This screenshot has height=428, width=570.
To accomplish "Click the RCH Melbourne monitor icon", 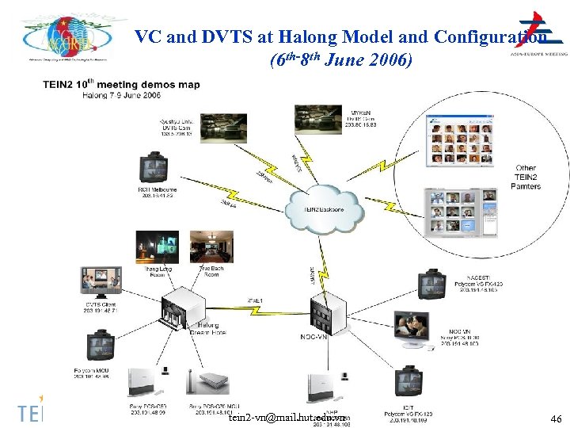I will click(153, 168).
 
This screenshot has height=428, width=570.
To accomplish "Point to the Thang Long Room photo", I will click(157, 246).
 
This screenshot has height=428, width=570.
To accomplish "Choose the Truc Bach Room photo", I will click(209, 246).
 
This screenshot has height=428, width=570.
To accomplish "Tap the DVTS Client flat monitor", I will click(101, 283).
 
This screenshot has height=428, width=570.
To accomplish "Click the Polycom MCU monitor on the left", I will click(101, 346).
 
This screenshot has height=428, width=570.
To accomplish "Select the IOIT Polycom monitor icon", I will click(409, 380).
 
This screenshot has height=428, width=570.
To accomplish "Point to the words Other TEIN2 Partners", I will click(526, 177).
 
